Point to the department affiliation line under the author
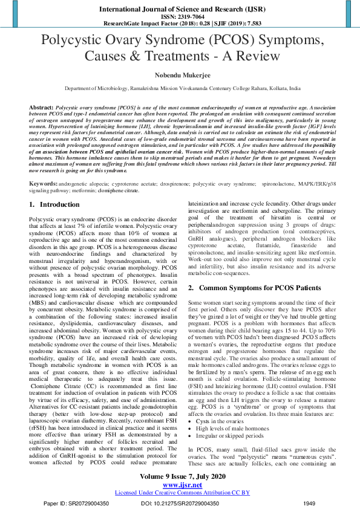[x=180, y=89]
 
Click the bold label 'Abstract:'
[x=41, y=105]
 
